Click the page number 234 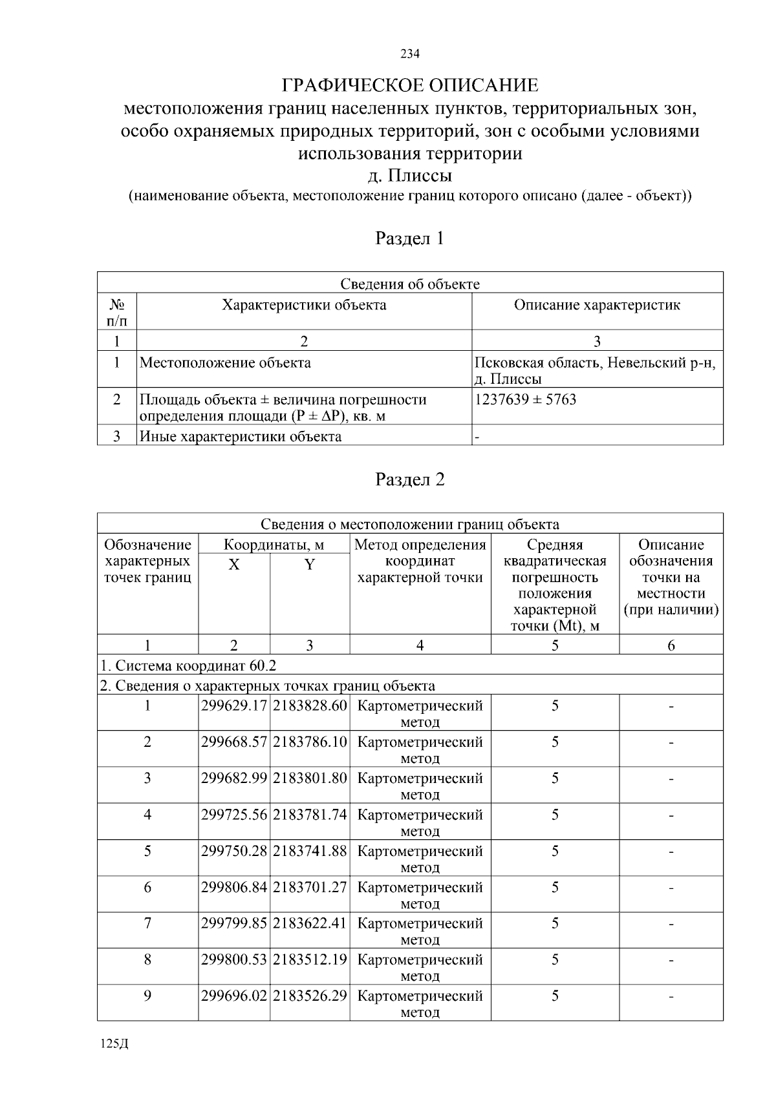(x=410, y=54)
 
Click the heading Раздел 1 (x=410, y=238)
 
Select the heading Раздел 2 (x=410, y=479)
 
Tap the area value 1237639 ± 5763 (x=525, y=399)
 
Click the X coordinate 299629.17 (x=234, y=705)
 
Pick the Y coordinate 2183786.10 (x=310, y=742)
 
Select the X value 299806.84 (x=234, y=887)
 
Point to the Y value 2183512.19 (x=310, y=959)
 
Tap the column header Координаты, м (x=274, y=545)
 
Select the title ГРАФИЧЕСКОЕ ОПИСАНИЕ (x=410, y=85)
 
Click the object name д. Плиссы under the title (x=410, y=176)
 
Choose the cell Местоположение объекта (x=225, y=362)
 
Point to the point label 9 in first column (x=147, y=996)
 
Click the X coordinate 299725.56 (x=234, y=815)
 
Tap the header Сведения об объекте (x=410, y=284)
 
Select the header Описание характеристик (x=597, y=305)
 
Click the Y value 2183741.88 (x=310, y=851)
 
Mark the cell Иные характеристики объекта (x=241, y=436)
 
